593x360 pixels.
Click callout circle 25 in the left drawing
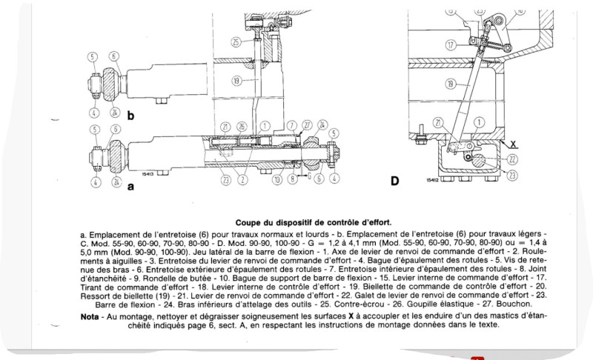click(236, 42)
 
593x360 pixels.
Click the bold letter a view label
click(130, 187)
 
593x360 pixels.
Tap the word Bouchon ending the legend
click(514, 304)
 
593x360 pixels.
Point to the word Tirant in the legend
click(97, 284)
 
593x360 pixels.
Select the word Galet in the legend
click(326, 294)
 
